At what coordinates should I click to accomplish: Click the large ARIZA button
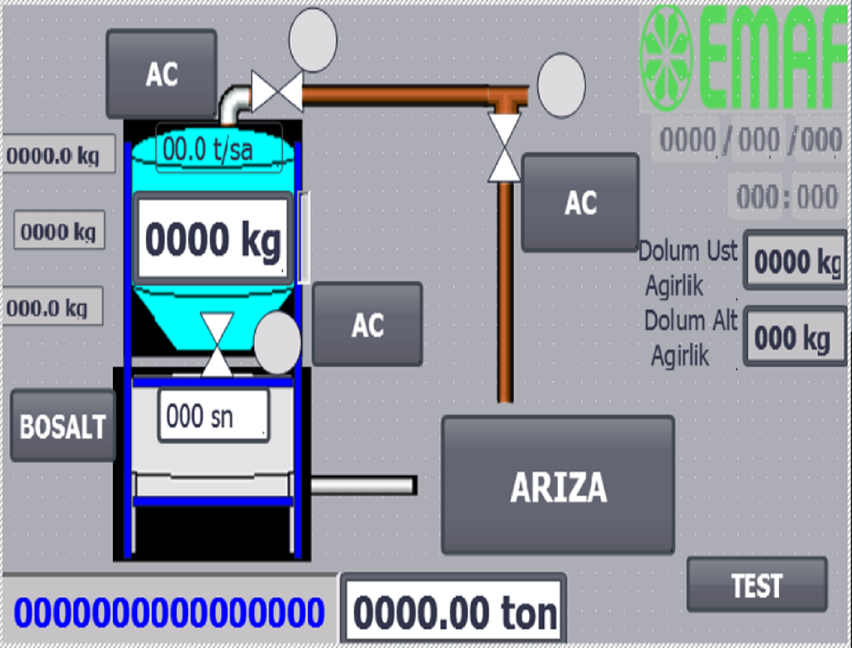point(557,486)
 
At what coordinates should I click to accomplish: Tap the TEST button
point(756,585)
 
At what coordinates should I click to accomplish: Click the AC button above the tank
point(161,74)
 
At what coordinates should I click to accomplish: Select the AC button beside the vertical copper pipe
point(580,203)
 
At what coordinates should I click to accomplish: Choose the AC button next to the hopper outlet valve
point(367,324)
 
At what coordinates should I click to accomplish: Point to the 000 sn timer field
point(213,416)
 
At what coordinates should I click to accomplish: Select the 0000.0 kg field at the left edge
point(59,155)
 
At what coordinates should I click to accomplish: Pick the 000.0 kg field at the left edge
point(52,307)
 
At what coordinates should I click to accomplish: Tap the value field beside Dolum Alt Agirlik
point(796,338)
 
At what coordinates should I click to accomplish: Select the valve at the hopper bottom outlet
point(218,344)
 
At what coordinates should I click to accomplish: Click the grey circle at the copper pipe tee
point(561,84)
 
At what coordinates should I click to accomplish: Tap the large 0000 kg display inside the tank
point(213,240)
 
